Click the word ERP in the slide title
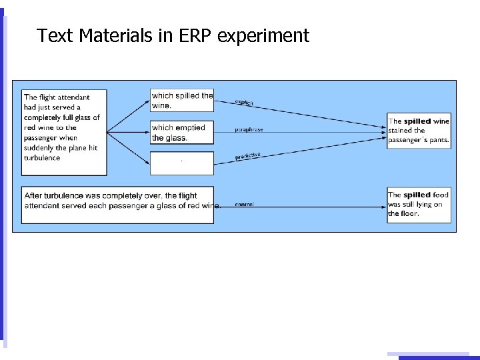point(188,35)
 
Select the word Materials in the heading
point(117,35)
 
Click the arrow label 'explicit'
point(245,102)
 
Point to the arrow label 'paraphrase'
point(249,129)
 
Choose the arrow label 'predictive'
point(247,156)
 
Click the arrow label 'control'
point(244,204)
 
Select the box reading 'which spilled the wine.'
point(182,100)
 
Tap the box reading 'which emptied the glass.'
point(182,132)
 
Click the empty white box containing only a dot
point(182,163)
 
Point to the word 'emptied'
point(191,127)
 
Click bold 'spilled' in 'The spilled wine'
point(417,121)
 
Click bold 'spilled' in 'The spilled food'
point(417,195)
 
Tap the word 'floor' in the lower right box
point(408,214)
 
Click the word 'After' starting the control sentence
point(34,195)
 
